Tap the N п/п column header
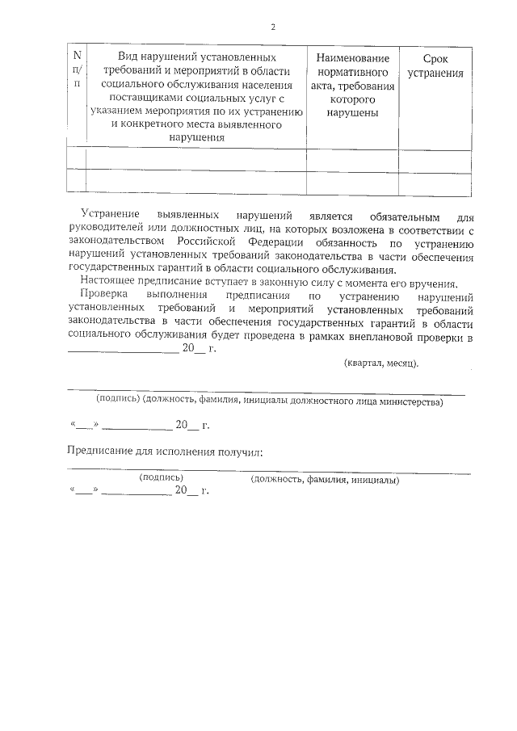pyautogui.click(x=77, y=69)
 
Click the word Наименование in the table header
pyautogui.click(x=353, y=59)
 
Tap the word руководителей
pyautogui.click(x=106, y=230)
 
